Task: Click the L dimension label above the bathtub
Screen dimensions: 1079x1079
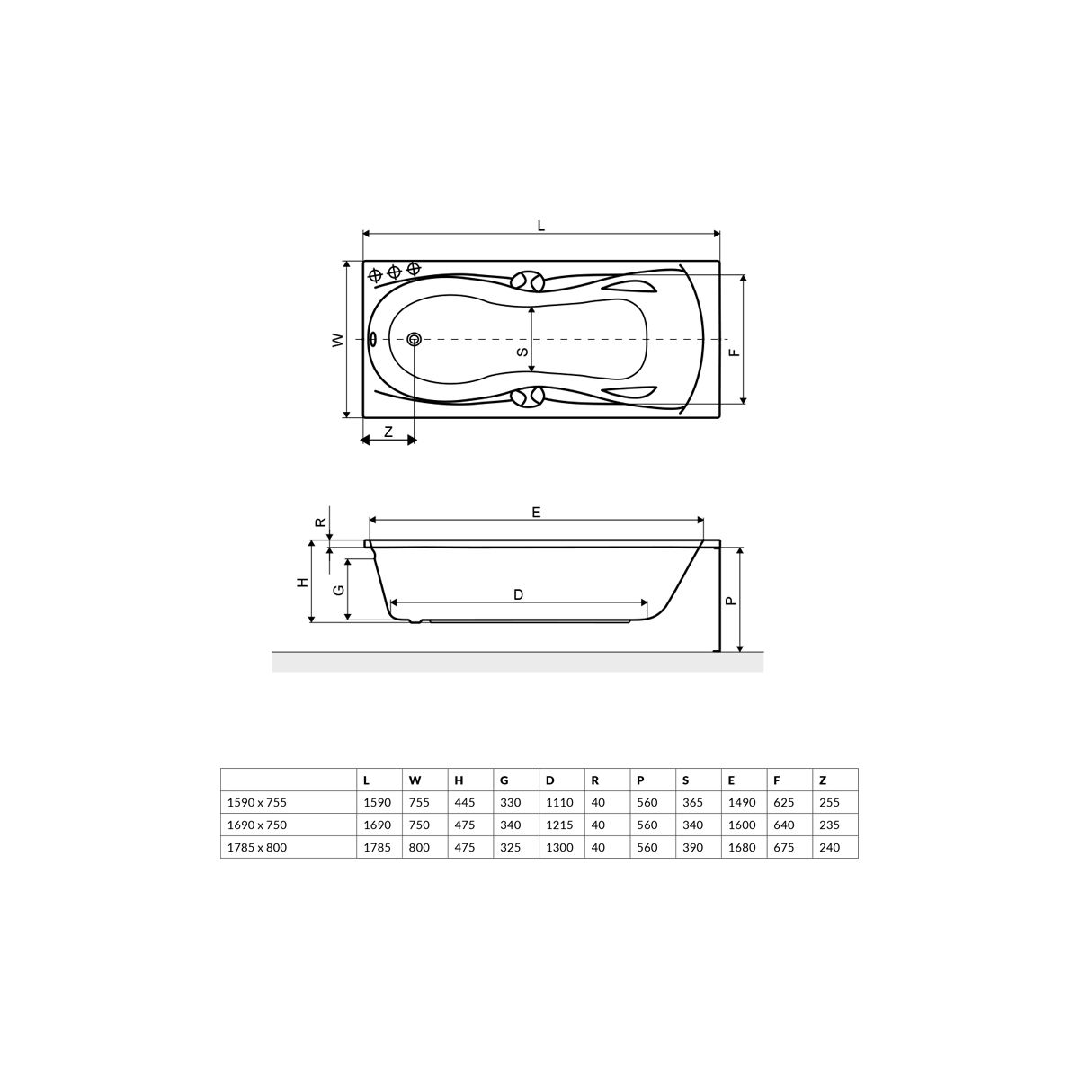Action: click(x=541, y=226)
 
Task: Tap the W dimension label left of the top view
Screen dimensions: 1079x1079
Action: click(x=338, y=340)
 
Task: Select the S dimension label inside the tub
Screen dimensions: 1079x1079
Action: click(x=522, y=352)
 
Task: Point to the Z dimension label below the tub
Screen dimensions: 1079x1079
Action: click(x=388, y=432)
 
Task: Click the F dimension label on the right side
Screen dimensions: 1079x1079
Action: click(x=734, y=352)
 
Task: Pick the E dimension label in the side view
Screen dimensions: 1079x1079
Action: click(x=536, y=512)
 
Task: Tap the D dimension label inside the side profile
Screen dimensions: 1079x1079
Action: click(x=518, y=594)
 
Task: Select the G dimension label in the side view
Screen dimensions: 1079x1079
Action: click(x=339, y=590)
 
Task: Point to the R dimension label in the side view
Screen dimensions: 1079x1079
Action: click(x=320, y=522)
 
